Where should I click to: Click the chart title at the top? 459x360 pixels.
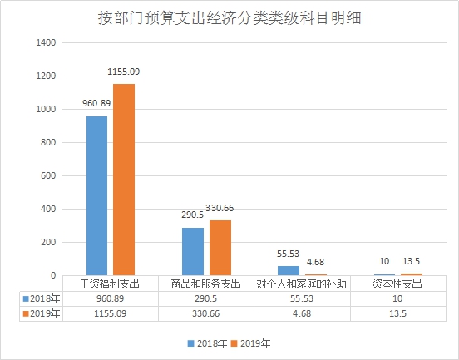click(x=229, y=18)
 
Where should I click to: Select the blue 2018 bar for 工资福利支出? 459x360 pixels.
click(x=97, y=196)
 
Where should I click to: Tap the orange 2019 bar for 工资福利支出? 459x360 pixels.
click(x=124, y=180)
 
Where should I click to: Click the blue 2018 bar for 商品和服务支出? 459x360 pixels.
click(x=193, y=251)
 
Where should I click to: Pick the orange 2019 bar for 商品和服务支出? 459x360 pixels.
click(x=220, y=248)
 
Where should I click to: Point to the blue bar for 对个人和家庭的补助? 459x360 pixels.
click(x=289, y=270)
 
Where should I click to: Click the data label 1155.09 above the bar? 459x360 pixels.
click(x=124, y=72)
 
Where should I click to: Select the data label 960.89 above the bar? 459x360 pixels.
click(x=96, y=103)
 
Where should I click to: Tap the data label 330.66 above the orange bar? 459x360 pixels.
click(x=220, y=208)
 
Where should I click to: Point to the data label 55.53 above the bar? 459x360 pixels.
click(x=288, y=254)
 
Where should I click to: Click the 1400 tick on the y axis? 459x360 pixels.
click(x=46, y=42)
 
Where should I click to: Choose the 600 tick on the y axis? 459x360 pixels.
click(x=48, y=175)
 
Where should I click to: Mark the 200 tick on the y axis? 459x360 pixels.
click(x=48, y=242)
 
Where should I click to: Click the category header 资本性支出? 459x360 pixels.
click(x=397, y=284)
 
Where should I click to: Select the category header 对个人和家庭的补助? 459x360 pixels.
click(x=301, y=284)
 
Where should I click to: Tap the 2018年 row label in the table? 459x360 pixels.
click(x=42, y=298)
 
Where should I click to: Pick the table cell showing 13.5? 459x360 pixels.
click(x=397, y=313)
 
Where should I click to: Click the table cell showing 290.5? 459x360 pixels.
click(x=205, y=298)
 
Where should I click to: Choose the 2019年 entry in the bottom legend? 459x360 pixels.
click(x=250, y=343)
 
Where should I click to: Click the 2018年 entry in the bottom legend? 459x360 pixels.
click(x=207, y=343)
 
